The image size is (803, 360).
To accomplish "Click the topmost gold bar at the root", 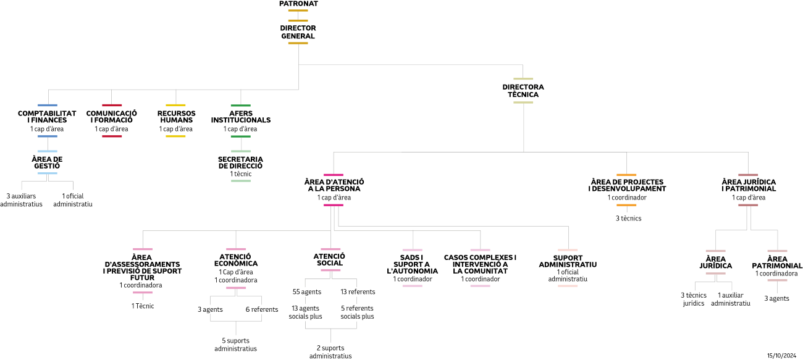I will pos(298,10).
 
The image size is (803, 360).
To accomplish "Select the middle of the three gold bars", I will pos(298,20).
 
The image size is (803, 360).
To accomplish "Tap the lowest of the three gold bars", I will pos(298,43).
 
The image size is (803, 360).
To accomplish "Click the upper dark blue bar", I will pos(47,106).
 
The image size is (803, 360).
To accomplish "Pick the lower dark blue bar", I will pos(47,136).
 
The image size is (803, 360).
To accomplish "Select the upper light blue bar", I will pos(47,151).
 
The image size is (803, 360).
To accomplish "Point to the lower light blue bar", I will pos(47,174).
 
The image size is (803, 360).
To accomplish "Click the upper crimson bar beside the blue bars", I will pos(112,106).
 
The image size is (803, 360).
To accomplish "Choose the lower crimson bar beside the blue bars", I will pos(112,136).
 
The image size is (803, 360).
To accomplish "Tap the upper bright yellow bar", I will pos(175,106).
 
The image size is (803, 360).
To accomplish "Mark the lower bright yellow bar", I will pos(175,136).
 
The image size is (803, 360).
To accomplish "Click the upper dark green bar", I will pos(240,106).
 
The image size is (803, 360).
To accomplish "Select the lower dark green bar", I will pos(240,136).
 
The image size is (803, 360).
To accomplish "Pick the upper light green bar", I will pos(241,151).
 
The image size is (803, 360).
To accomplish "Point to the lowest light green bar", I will pos(241,181).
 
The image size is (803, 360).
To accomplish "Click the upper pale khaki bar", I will pos(523,79).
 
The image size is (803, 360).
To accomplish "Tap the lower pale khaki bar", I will pos(523,103).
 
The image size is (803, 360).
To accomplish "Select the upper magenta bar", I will pos(333,175).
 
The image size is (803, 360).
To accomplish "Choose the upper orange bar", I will pos(626,175).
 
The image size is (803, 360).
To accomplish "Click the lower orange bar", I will pos(626,205).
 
